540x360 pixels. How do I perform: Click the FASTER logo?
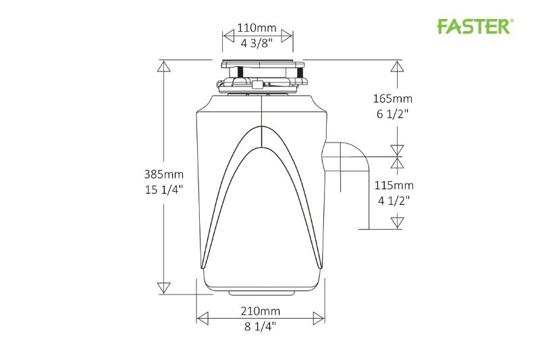[x=475, y=26]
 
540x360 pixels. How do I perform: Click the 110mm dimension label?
[x=256, y=28]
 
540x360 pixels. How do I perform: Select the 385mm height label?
[x=164, y=174]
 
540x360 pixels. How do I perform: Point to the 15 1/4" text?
[x=164, y=189]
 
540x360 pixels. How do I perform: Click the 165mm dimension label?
[x=396, y=98]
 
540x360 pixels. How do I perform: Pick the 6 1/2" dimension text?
[x=396, y=113]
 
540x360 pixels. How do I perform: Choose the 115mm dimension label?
[x=396, y=185]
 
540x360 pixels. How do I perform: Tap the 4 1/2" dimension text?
[x=396, y=200]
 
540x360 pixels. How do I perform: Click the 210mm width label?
[x=261, y=311]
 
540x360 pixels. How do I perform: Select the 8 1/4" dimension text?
[x=261, y=326]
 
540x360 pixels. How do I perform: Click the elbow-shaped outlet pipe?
[x=348, y=159]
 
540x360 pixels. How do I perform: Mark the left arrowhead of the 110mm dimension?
[x=227, y=35]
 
